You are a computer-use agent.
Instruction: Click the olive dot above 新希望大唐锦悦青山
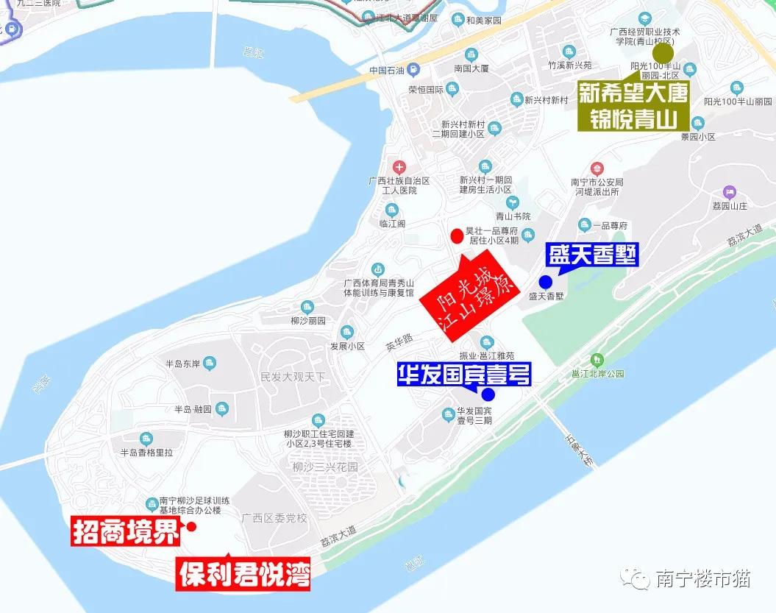(663, 54)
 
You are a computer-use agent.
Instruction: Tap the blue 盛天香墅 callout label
(592, 255)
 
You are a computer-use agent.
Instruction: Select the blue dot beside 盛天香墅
(545, 282)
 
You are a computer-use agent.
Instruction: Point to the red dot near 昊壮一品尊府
(457, 235)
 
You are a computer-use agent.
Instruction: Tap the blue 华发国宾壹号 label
(463, 375)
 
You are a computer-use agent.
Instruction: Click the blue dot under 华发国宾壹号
(488, 394)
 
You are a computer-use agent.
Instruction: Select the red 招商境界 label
(126, 531)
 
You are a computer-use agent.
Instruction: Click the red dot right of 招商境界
(191, 526)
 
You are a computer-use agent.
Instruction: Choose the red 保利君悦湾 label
(243, 573)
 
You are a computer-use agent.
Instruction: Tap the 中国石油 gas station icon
(414, 71)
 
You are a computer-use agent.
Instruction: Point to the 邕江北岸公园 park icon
(597, 360)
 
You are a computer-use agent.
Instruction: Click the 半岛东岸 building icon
(210, 363)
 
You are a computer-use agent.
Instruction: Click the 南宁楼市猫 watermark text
(702, 578)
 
